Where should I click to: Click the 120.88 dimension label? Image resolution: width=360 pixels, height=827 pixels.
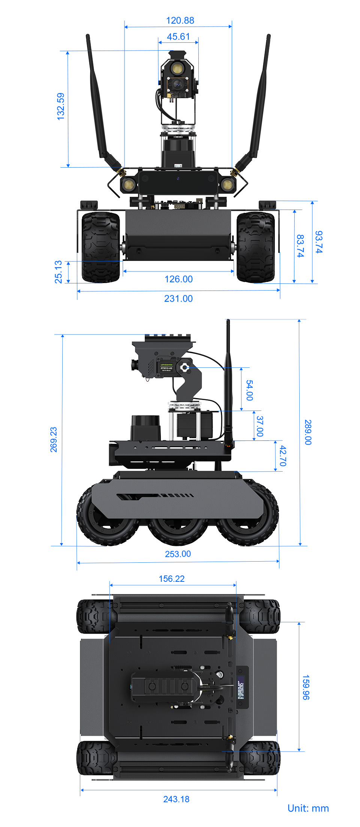[180, 21]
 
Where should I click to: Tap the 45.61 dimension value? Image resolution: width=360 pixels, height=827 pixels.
[178, 37]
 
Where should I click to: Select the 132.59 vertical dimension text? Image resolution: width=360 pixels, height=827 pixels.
[60, 106]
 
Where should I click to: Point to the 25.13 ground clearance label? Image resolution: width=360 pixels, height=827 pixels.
[58, 272]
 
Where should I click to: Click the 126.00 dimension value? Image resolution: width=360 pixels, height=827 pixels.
[178, 279]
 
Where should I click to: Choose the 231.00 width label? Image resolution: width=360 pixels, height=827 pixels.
[178, 299]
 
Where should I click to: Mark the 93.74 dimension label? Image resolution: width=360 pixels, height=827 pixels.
[319, 242]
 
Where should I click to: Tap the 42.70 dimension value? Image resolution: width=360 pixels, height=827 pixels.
[283, 455]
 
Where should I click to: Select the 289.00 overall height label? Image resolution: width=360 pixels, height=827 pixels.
[308, 432]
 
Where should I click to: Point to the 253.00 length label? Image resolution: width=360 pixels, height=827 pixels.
[178, 554]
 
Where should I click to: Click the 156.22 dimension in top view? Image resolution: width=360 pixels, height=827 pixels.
[171, 579]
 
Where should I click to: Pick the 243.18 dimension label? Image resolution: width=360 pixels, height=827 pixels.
[176, 799]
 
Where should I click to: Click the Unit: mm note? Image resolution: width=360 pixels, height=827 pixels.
[308, 808]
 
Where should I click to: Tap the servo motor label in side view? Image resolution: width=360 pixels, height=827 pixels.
[166, 367]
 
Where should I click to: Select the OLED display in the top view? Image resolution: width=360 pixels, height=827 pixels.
[241, 688]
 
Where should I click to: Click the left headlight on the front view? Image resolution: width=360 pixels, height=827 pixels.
[128, 184]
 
